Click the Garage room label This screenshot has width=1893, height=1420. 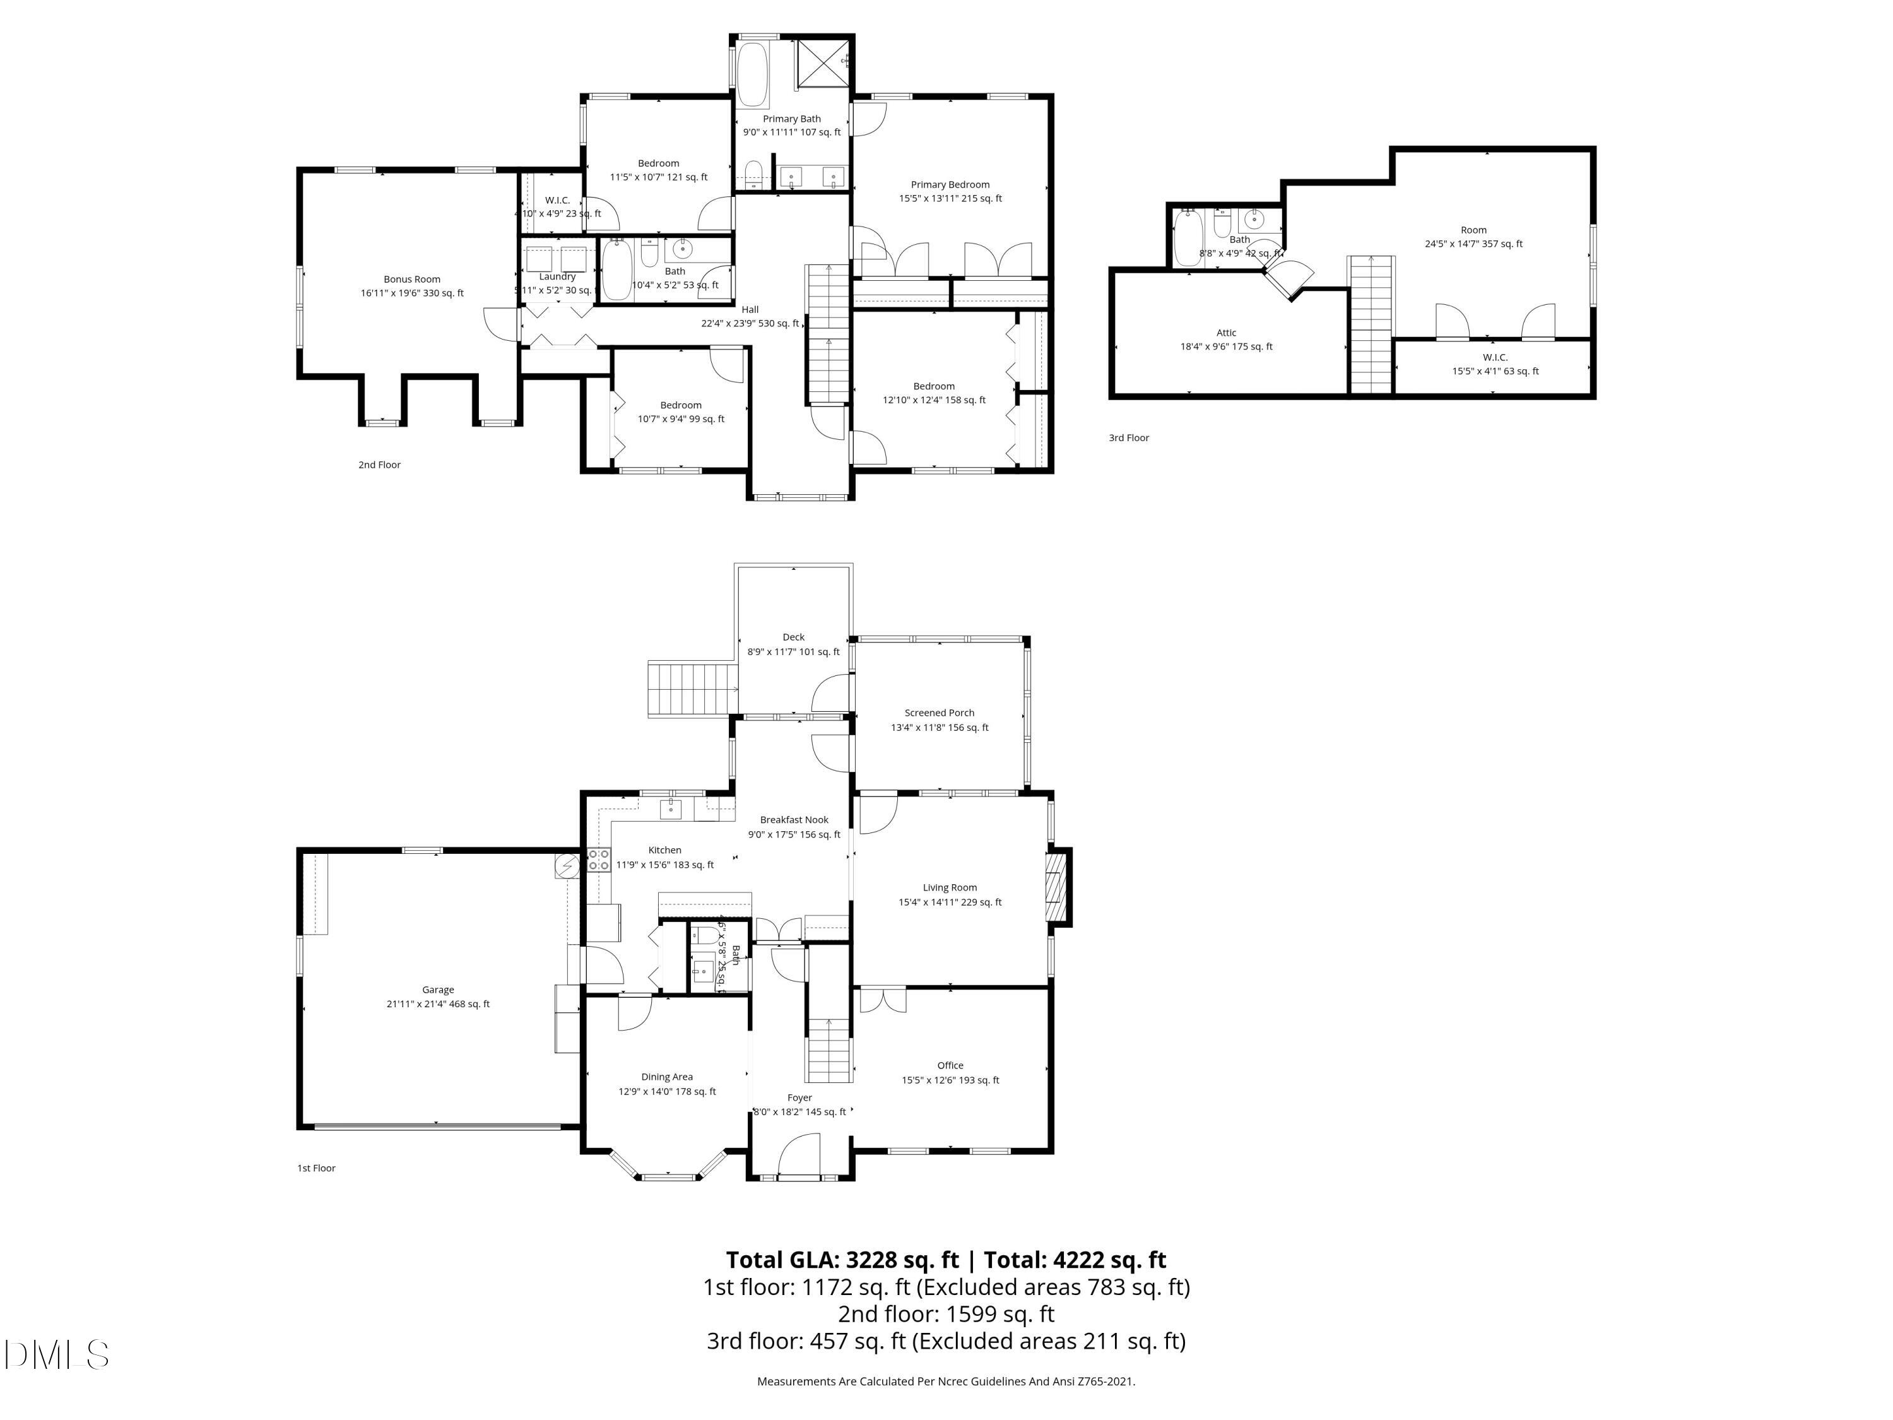coord(437,990)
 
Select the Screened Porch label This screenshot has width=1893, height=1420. coord(939,712)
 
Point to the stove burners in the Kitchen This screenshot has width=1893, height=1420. coord(598,860)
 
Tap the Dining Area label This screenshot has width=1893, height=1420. coord(667,1077)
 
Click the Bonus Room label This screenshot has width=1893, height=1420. coord(411,279)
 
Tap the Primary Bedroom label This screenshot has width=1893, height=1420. coord(950,184)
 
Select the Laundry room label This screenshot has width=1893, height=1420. coord(557,276)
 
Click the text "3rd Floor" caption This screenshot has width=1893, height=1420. coord(1129,437)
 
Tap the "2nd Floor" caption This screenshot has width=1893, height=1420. coord(379,464)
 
